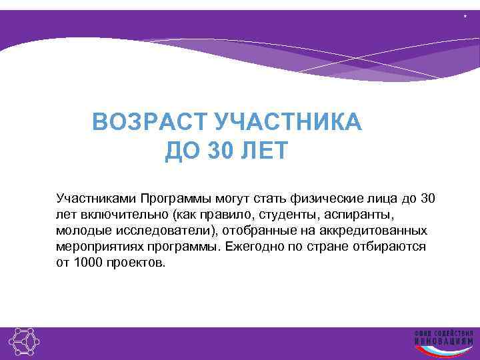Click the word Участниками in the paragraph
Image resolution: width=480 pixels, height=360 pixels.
[96, 199]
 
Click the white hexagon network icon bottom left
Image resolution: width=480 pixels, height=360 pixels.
[23, 343]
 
